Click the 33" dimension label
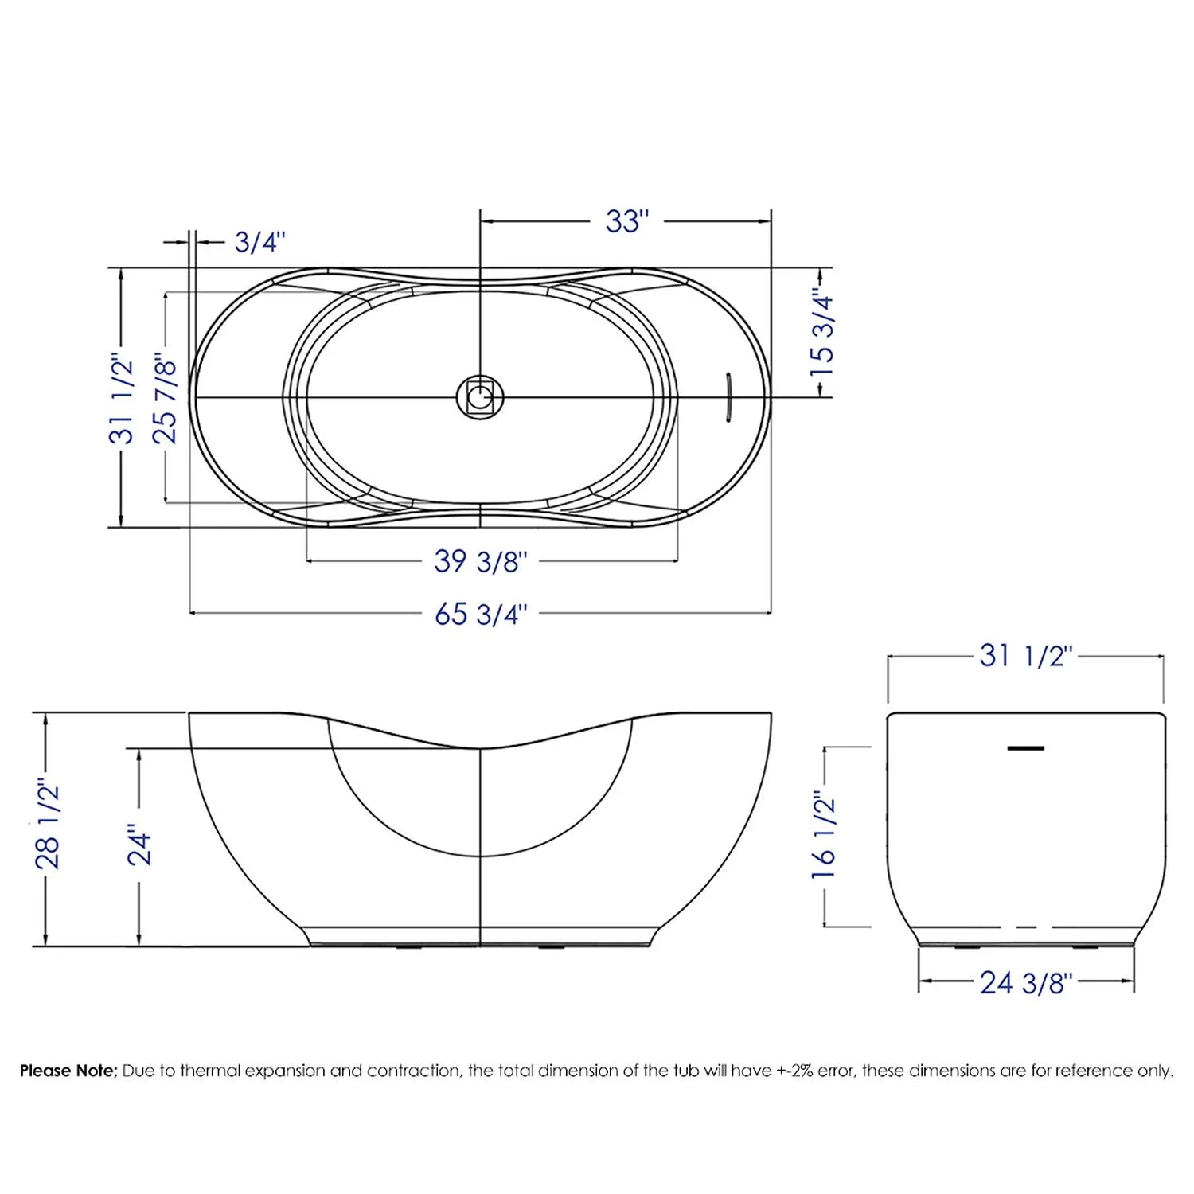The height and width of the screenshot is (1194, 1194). click(x=627, y=221)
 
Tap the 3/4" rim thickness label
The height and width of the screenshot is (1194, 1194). click(x=259, y=241)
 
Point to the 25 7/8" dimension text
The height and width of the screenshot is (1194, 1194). click(x=165, y=398)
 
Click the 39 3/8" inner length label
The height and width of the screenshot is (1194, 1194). click(x=480, y=561)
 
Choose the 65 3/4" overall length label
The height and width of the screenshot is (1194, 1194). click(x=480, y=614)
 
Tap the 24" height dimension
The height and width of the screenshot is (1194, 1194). click(x=140, y=848)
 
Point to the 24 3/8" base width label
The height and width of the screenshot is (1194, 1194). click(x=1026, y=983)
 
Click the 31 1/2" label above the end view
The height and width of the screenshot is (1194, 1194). click(x=1026, y=656)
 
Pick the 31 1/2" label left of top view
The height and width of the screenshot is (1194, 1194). click(x=122, y=398)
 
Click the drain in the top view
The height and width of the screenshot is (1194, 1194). click(x=480, y=396)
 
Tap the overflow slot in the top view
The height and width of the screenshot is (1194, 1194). click(x=726, y=397)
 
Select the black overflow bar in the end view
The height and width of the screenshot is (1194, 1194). click(x=1025, y=748)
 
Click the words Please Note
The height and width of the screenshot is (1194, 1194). click(x=68, y=1071)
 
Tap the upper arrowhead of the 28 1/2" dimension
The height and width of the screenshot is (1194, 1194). click(x=46, y=719)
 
